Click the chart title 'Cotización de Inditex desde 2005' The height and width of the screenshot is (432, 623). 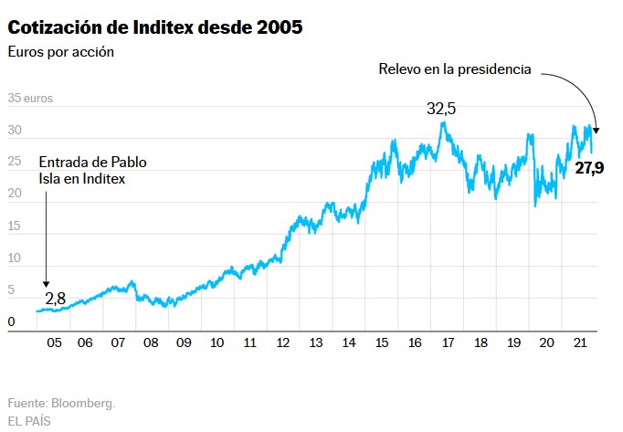tap(155, 27)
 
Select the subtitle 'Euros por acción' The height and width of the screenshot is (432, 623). tap(61, 51)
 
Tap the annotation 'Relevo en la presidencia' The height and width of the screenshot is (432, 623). tap(454, 69)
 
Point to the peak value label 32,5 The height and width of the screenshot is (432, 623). tap(440, 109)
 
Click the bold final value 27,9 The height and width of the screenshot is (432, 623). tap(589, 167)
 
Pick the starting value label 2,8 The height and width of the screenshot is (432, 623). tap(57, 297)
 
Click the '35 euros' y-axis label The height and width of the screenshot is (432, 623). tap(29, 98)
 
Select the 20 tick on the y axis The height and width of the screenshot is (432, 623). tap(15, 194)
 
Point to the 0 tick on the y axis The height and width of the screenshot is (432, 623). tap(11, 321)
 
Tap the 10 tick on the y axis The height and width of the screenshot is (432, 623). tap(15, 258)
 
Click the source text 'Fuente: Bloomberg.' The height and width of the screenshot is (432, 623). tap(61, 403)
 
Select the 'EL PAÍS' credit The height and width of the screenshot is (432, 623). tap(29, 421)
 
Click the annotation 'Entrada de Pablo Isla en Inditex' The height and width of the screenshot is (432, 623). tap(92, 171)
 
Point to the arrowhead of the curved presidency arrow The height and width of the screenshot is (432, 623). tap(596, 129)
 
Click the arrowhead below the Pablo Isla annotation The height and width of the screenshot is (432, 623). tap(46, 284)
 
